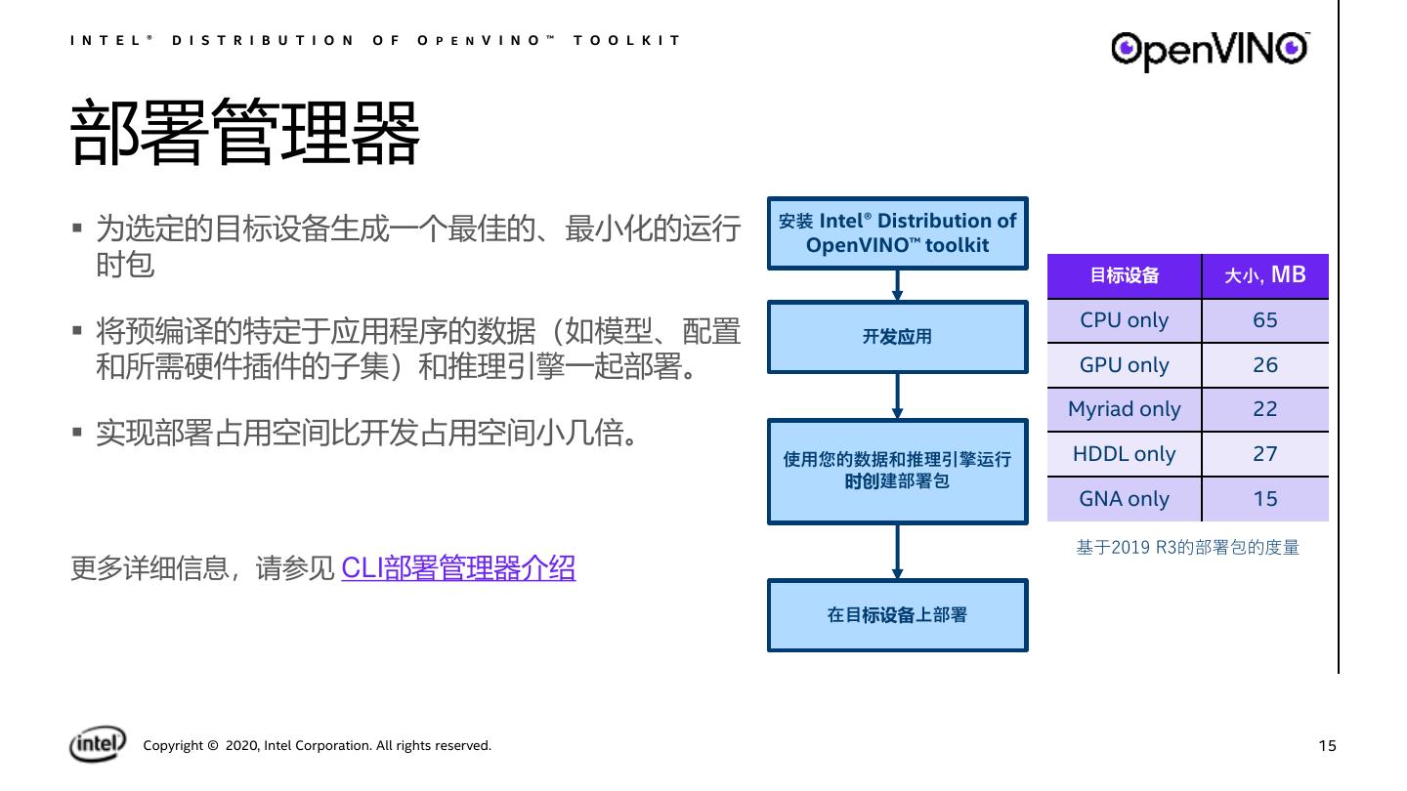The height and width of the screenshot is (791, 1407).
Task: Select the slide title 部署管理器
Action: click(x=245, y=133)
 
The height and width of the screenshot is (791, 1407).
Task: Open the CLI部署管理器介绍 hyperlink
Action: click(x=458, y=567)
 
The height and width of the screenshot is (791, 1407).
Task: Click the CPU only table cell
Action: click(x=1124, y=320)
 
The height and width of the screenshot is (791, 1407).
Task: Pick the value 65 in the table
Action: click(x=1264, y=320)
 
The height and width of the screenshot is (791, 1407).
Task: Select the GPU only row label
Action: click(x=1124, y=365)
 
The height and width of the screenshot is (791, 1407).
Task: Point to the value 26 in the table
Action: click(x=1264, y=365)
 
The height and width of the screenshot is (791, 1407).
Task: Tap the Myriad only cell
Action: click(x=1124, y=409)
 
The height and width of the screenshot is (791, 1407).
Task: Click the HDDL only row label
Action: click(x=1124, y=454)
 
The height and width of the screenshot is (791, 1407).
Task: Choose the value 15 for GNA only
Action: click(x=1264, y=499)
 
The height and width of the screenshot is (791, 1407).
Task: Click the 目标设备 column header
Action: click(x=1124, y=275)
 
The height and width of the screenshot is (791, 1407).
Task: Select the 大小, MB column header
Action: click(x=1264, y=275)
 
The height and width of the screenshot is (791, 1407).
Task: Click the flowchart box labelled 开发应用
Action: click(x=897, y=337)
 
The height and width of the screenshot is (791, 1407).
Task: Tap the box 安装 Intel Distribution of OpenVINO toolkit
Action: click(x=897, y=233)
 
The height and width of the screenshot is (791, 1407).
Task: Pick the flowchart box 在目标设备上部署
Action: click(x=897, y=615)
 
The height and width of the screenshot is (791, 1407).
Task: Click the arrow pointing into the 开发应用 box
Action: click(x=897, y=285)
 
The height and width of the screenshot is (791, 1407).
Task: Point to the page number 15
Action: click(x=1326, y=746)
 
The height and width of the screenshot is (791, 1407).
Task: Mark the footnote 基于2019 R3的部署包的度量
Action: click(x=1187, y=548)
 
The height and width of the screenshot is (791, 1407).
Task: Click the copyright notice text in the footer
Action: click(x=318, y=746)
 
